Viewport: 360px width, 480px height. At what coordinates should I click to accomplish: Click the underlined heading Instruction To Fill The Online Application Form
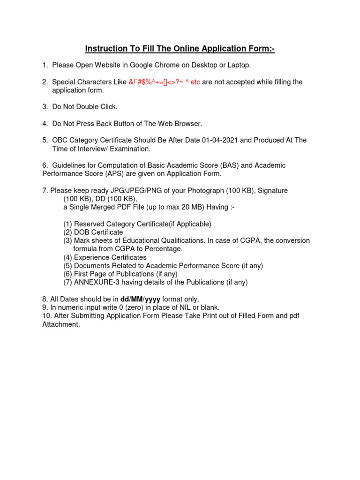pos(180,49)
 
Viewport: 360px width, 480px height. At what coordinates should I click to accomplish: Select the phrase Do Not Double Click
pos(85,107)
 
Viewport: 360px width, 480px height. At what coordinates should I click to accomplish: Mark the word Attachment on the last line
pos(60,324)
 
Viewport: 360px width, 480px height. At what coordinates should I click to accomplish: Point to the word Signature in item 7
pos(271,191)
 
